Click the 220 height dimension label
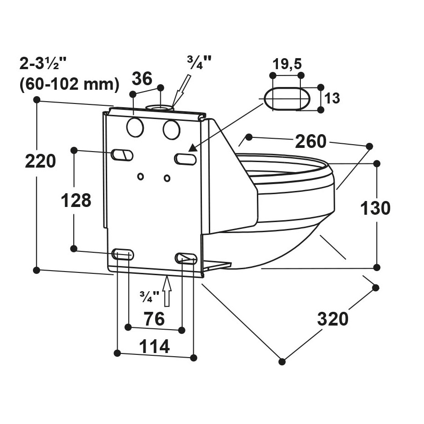pos(40,162)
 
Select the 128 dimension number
pos(76,201)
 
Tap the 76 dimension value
pos(154,319)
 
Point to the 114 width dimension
pos(154,347)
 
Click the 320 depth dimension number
pos(333,319)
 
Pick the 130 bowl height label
pos(375,208)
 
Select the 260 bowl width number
pos(310,141)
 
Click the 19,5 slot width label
pos(287,64)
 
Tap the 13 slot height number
pos(333,98)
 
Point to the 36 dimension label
pos(142,79)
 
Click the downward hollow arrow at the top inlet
pos(179,90)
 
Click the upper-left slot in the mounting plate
pos(122,155)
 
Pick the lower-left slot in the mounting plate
pos(123,255)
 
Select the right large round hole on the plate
pos(171,130)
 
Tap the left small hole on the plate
pos(141,176)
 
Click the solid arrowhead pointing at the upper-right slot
pos(193,147)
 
